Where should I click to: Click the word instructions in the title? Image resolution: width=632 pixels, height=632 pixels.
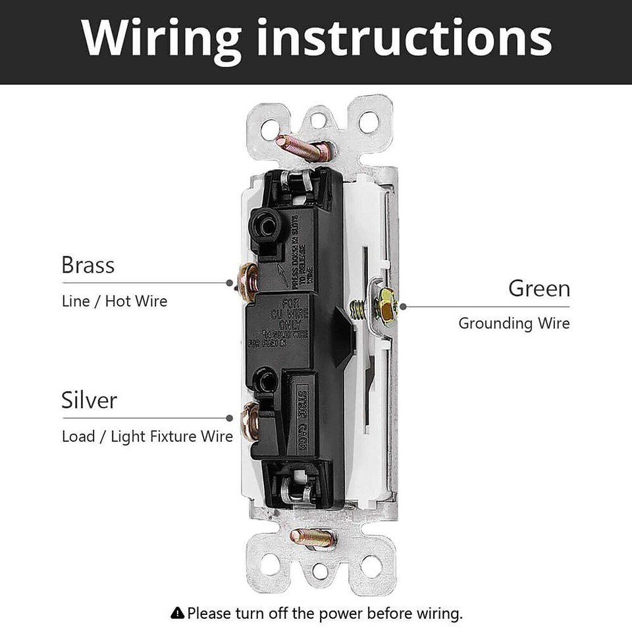coord(404,39)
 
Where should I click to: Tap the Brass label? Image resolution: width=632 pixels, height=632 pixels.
coord(88,265)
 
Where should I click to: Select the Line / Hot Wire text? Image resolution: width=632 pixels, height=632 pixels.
coord(115,302)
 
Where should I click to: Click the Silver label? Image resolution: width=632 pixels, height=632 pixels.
coord(89,400)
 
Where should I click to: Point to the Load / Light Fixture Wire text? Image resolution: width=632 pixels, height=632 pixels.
coord(147,436)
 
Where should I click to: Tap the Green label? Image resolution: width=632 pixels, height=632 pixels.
coord(539,288)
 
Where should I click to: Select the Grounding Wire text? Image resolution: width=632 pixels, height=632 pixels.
coord(513,323)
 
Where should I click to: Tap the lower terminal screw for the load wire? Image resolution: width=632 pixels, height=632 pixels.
coord(250,422)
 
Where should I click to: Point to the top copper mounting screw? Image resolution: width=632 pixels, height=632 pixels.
coord(300,148)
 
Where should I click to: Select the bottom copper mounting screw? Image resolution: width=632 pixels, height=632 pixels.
coord(313,538)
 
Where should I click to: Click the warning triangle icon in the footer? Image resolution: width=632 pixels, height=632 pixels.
coord(177,614)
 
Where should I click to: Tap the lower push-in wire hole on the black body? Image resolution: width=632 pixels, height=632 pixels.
coord(267,380)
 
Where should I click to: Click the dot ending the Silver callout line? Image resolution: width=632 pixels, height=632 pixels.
coord(229,418)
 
